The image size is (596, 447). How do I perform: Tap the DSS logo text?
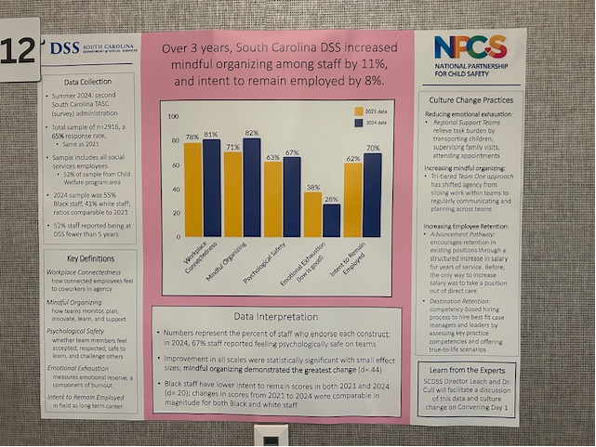tap(65, 47)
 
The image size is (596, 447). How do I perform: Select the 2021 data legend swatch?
tap(359, 111)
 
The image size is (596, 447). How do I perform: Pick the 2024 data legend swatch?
tap(359, 122)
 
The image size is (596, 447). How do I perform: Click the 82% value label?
tap(251, 133)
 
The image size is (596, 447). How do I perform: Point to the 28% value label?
tap(331, 199)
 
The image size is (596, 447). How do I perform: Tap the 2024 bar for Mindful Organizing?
tap(251, 188)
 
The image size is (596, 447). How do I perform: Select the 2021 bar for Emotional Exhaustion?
tap(312, 215)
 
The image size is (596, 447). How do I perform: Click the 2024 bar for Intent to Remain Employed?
tap(372, 195)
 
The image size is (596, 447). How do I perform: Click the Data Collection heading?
tap(90, 81)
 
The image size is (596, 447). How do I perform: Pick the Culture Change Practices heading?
tap(468, 99)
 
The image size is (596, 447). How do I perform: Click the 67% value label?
tap(291, 151)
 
